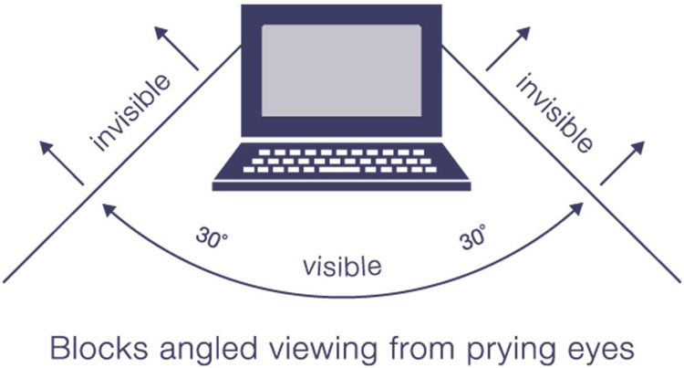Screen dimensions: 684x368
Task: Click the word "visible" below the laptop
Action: [342, 266]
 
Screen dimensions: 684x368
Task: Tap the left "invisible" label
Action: [130, 112]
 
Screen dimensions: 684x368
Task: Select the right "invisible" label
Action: [554, 113]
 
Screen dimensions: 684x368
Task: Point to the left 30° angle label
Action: [212, 237]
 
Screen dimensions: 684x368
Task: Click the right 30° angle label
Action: [472, 237]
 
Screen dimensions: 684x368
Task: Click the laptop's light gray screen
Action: [342, 70]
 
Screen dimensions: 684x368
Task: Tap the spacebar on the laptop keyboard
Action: [339, 169]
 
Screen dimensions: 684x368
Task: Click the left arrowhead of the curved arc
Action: [109, 210]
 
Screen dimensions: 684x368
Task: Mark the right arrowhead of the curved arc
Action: [576, 209]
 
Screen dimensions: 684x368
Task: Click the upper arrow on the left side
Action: [177, 48]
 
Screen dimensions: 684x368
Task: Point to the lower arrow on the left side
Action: [61, 163]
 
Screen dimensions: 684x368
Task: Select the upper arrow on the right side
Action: [508, 48]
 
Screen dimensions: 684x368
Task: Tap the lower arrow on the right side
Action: [622, 163]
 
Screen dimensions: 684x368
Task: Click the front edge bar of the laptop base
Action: [341, 186]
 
